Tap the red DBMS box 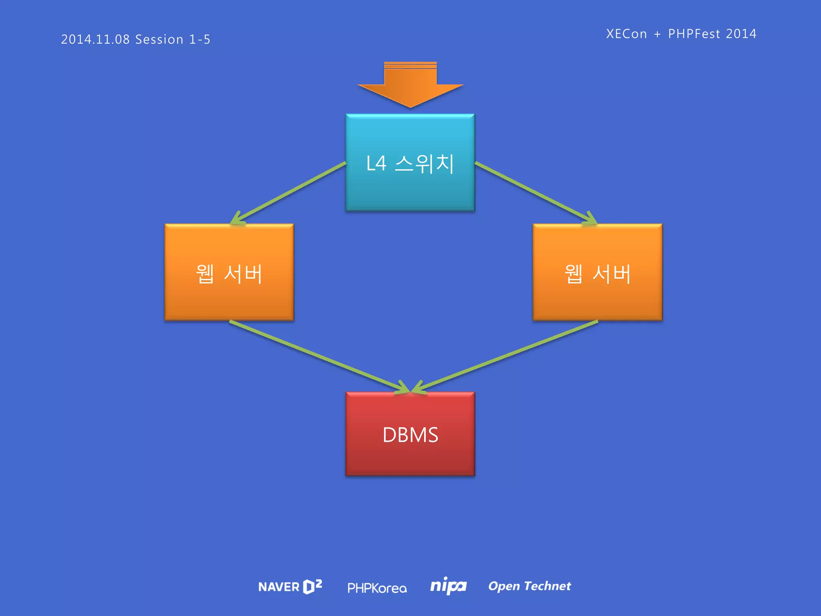[x=410, y=457]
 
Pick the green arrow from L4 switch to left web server [x=289, y=192]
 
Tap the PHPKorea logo [x=377, y=588]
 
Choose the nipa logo [x=448, y=586]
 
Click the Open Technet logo [x=529, y=586]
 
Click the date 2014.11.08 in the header [x=95, y=39]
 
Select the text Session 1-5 [x=173, y=39]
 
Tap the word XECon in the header [x=626, y=34]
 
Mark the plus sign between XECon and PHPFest [x=657, y=34]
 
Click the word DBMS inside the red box [x=410, y=435]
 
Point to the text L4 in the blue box [x=376, y=164]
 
